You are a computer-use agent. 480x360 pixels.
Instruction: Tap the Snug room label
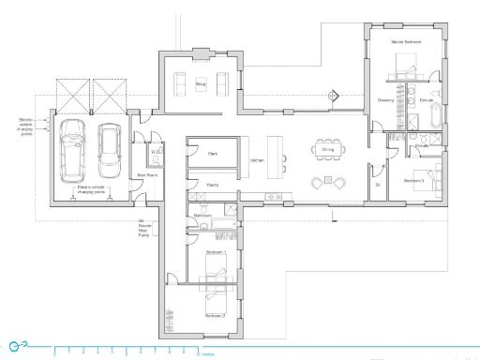[x=200, y=84]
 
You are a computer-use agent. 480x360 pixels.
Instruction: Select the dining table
[x=328, y=149]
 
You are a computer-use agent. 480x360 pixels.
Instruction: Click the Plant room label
[x=212, y=152]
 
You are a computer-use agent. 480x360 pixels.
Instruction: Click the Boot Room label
[x=146, y=174]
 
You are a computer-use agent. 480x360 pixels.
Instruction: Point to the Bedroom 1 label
[x=217, y=252]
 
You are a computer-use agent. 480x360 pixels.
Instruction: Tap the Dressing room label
[x=385, y=99]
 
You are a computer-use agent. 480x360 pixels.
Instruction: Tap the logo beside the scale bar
[x=18, y=348]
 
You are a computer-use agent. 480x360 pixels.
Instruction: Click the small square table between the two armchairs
[x=328, y=180]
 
